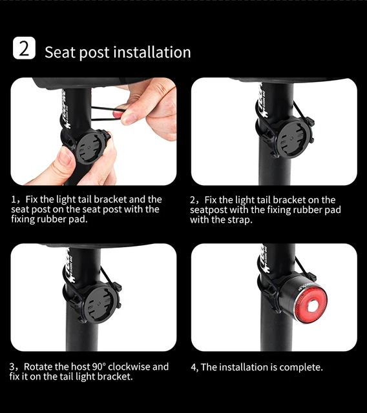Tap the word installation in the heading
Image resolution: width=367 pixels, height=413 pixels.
[152, 52]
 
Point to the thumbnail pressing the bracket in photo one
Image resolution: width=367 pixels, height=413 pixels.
[65, 157]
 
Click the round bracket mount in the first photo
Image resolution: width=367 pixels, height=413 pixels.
[90, 145]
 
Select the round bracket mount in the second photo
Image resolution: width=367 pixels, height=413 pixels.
[279, 143]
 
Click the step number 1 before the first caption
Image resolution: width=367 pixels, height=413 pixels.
[14, 200]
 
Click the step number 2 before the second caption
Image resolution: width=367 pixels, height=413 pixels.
[193, 200]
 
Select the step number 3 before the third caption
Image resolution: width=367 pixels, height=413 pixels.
[14, 367]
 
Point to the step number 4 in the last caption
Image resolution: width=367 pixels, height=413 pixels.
[194, 367]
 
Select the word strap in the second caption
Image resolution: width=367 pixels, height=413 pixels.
[238, 220]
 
